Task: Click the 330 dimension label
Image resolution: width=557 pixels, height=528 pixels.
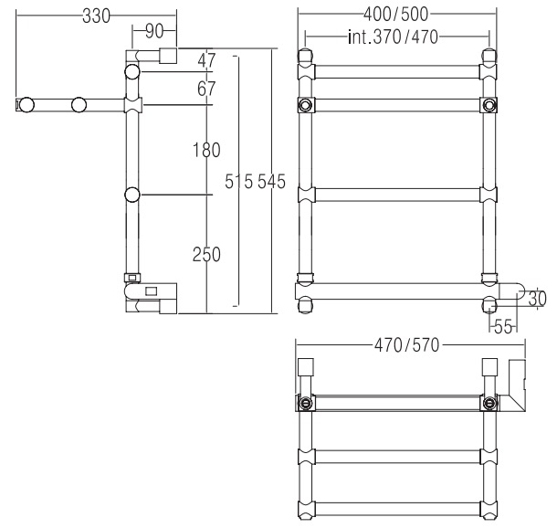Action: point(96,16)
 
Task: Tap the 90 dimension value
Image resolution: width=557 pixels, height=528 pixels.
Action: point(154,31)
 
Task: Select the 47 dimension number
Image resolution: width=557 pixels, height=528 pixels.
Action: point(206,60)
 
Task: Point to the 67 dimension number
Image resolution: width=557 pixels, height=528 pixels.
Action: point(206,89)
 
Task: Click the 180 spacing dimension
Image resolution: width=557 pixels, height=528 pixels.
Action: point(206,150)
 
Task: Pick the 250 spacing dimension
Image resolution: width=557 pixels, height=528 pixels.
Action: point(206,254)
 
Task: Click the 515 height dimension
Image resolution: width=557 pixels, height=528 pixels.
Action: point(238,182)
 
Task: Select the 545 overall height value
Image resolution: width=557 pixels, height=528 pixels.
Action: point(271,182)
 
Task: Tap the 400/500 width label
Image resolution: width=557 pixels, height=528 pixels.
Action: point(395,15)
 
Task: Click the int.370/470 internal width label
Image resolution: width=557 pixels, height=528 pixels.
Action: point(394,37)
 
